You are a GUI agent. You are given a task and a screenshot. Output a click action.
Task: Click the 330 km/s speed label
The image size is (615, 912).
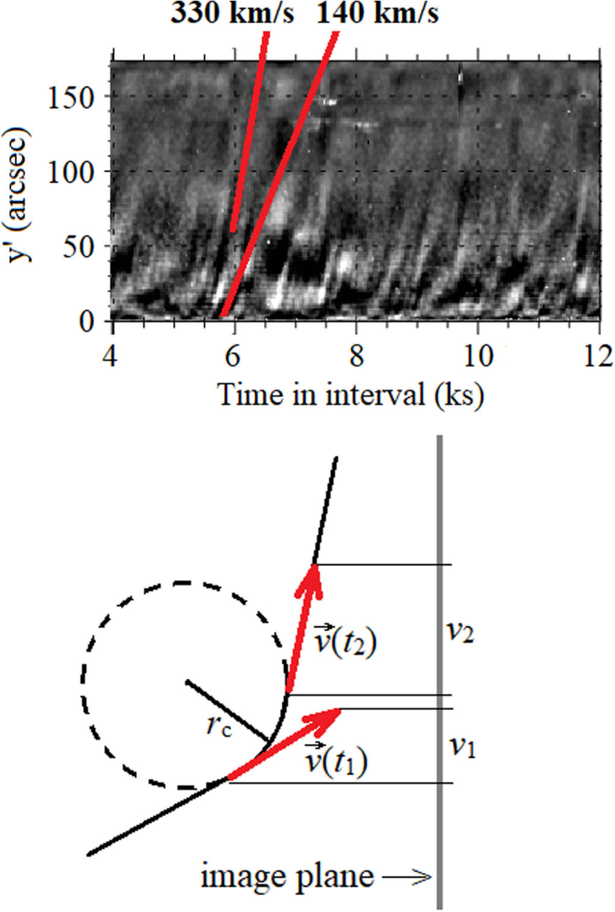(232, 13)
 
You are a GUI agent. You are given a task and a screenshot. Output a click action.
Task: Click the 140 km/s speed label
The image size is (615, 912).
(378, 13)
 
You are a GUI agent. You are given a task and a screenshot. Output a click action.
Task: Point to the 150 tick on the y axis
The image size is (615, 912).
(71, 97)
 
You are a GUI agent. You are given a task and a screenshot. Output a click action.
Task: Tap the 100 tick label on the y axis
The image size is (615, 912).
(71, 173)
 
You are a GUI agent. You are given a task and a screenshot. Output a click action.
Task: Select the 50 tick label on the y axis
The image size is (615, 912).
(79, 247)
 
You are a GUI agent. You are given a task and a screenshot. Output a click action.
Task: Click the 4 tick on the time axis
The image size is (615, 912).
(110, 356)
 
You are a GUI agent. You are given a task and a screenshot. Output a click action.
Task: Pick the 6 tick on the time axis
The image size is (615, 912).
(233, 356)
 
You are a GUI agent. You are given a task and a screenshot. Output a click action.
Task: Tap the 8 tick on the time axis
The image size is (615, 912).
(356, 356)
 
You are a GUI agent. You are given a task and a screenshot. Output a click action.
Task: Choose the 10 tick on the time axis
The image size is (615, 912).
(478, 356)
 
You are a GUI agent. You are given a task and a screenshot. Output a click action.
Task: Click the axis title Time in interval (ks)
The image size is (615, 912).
(350, 395)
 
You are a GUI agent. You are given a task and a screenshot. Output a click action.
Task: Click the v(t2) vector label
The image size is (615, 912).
(345, 641)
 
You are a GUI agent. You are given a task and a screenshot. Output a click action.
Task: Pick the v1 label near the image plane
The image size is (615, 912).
(462, 747)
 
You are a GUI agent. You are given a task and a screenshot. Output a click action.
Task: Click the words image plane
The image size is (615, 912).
(287, 876)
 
